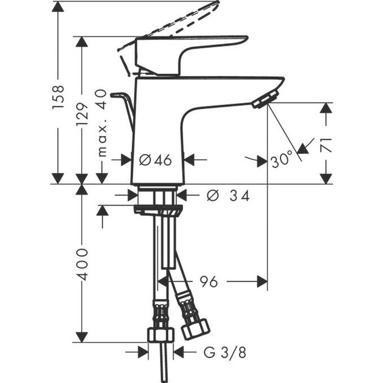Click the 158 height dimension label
pos(59,97)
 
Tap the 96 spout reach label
pos(209,281)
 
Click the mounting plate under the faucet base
pos(158,210)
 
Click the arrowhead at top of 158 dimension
pos(59,7)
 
